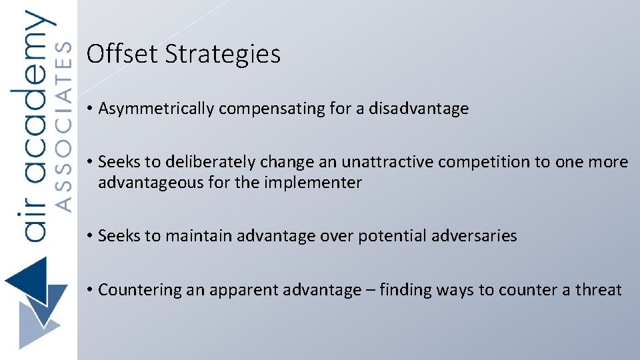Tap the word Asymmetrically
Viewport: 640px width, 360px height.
155,109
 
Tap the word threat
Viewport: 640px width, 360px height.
598,290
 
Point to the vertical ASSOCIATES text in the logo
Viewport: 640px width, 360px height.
62,127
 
